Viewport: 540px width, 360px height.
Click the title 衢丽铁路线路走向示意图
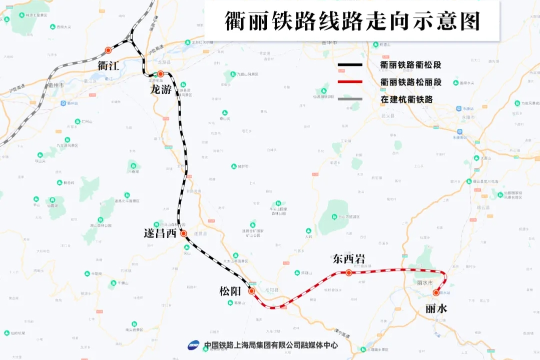(352, 21)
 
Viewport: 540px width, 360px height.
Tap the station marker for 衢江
(108, 50)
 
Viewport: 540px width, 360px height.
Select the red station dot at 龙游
(161, 74)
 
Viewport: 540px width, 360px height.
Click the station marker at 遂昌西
(184, 233)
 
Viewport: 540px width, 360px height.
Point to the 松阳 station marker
(251, 290)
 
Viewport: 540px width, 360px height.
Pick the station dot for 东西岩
(349, 272)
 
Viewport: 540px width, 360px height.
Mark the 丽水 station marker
(436, 292)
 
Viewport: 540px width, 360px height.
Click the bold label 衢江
(109, 65)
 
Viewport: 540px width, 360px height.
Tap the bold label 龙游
(161, 89)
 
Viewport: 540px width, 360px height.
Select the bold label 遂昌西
(160, 233)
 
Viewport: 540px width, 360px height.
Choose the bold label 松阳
(230, 291)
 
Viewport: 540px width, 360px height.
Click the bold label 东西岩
(349, 258)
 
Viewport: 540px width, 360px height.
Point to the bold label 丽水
(436, 308)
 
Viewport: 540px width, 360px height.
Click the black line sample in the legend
(350, 65)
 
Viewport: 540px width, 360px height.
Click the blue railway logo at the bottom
(194, 345)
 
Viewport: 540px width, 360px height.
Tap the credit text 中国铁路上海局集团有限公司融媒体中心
(271, 345)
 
